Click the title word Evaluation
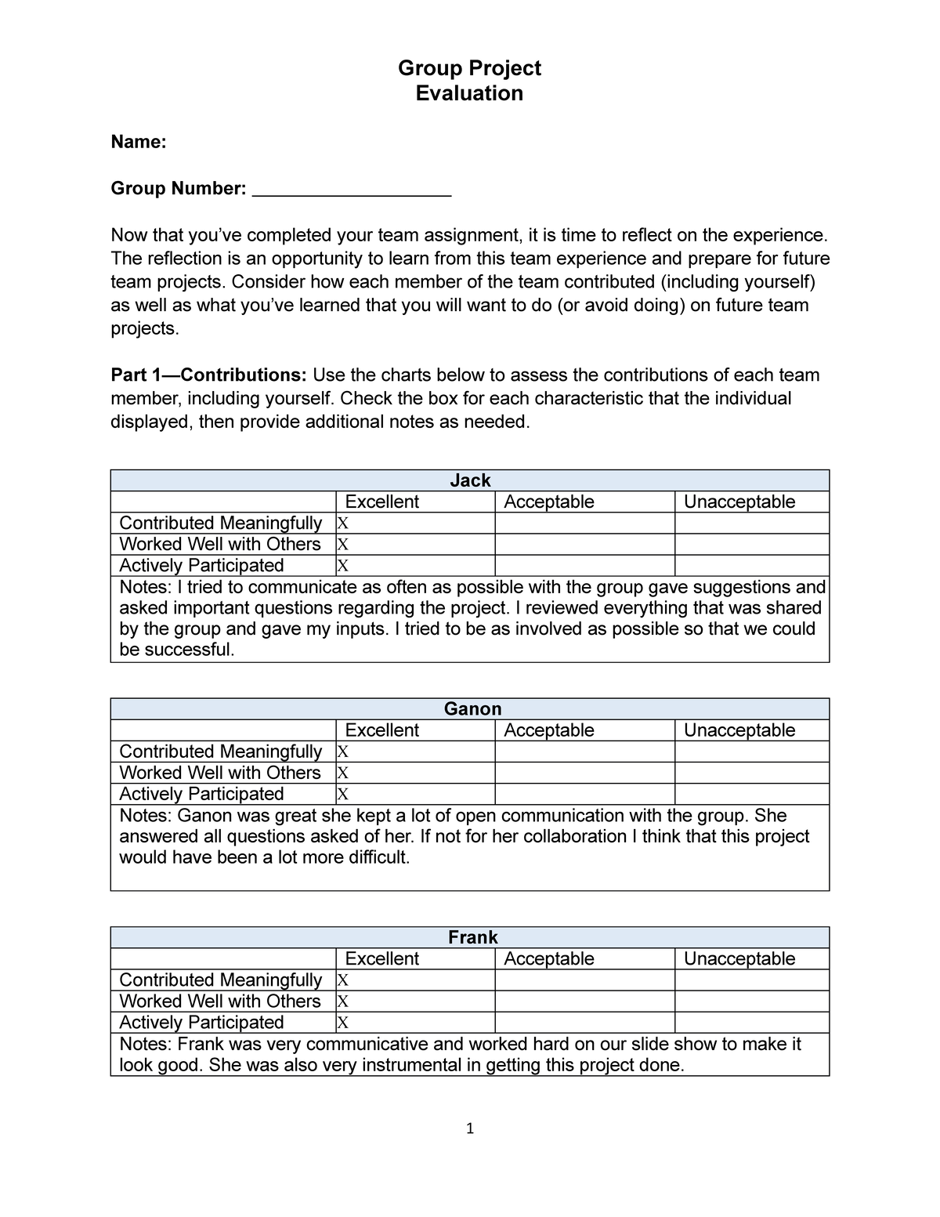[x=469, y=93]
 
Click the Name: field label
[x=138, y=142]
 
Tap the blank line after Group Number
[x=352, y=190]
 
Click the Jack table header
[x=470, y=480]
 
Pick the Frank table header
[x=472, y=937]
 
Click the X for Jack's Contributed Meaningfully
[x=342, y=523]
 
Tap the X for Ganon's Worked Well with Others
[x=342, y=773]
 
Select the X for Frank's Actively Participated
[x=342, y=1023]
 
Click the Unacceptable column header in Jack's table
[x=739, y=502]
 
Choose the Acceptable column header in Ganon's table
[x=548, y=730]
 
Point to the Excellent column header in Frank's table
[x=381, y=958]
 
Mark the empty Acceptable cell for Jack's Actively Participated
[x=584, y=566]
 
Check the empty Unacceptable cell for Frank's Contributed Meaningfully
[x=751, y=980]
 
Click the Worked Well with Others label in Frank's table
[x=220, y=1001]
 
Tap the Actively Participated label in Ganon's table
[x=201, y=794]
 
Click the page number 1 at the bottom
[x=470, y=1128]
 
